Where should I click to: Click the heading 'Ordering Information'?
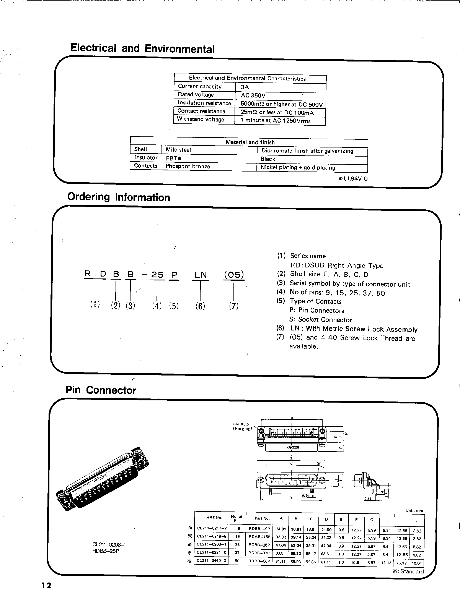(118, 197)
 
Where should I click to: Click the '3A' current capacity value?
(245, 87)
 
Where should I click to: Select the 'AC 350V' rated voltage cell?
(253, 95)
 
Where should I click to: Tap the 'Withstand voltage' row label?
(200, 119)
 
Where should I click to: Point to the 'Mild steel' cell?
(178, 150)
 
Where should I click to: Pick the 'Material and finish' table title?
(250, 142)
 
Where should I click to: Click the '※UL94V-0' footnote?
(353, 179)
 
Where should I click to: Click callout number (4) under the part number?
(157, 306)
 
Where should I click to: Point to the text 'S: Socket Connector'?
(320, 320)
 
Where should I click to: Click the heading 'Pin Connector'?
(101, 390)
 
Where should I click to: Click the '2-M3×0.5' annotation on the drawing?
(241, 424)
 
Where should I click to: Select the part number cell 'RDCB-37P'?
(259, 553)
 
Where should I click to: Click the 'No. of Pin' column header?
(237, 518)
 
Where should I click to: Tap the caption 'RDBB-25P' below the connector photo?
(106, 551)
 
